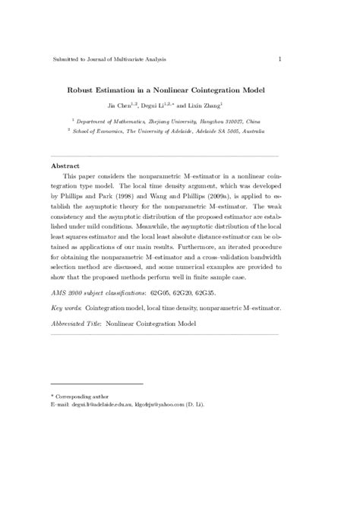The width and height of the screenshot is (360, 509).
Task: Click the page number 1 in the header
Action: coord(281,59)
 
